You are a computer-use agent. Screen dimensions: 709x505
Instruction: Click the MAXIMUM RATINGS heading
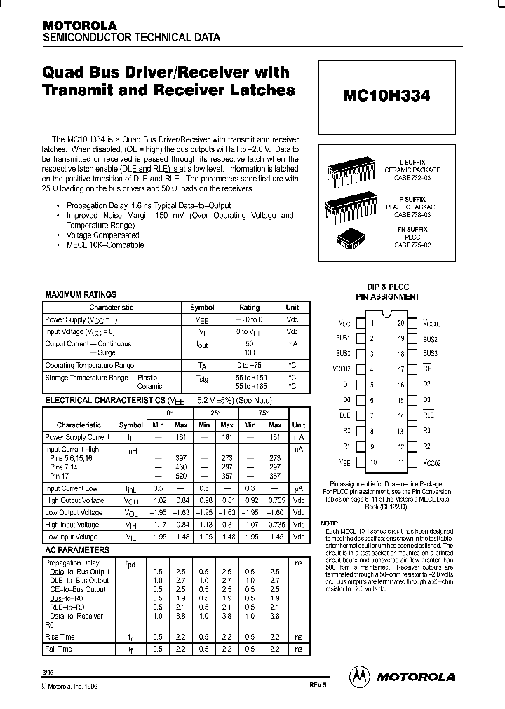click(x=81, y=295)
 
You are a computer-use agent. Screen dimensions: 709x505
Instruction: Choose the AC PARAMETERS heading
click(x=77, y=551)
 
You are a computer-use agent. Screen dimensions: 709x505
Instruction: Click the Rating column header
click(x=249, y=308)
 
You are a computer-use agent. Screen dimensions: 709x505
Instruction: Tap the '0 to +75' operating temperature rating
click(x=249, y=366)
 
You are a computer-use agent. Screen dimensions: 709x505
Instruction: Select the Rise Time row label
click(x=60, y=637)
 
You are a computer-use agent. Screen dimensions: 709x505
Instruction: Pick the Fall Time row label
click(x=59, y=649)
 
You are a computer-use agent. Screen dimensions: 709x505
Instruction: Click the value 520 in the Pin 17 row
click(x=180, y=476)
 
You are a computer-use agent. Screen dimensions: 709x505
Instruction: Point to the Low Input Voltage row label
click(x=72, y=537)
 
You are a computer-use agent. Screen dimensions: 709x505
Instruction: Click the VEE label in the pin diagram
click(x=344, y=462)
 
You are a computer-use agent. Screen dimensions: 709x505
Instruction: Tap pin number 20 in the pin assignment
click(x=400, y=323)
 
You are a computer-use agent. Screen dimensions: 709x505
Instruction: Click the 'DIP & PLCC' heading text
click(x=386, y=287)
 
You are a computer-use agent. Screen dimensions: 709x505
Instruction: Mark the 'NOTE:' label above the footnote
click(x=329, y=524)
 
